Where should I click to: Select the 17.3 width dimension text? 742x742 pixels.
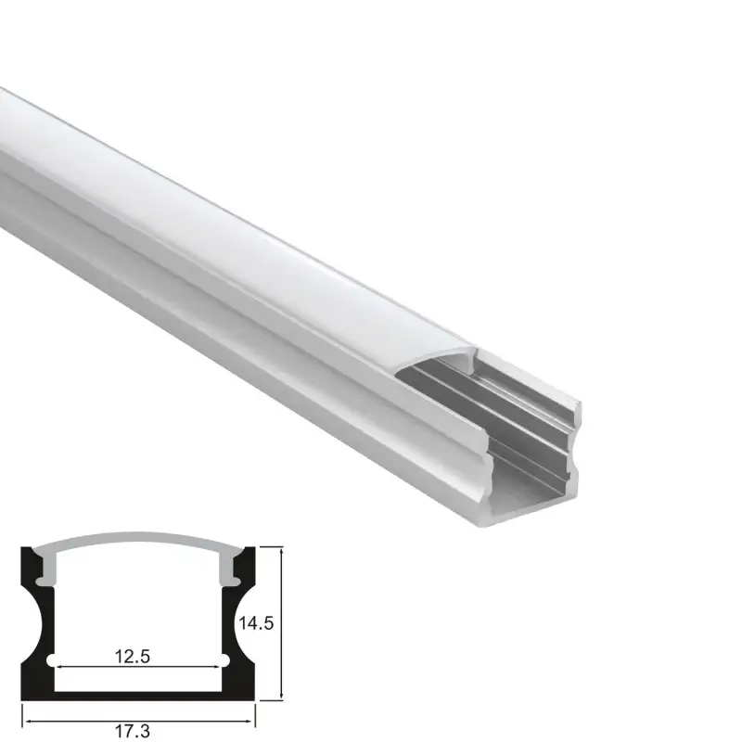coord(134,732)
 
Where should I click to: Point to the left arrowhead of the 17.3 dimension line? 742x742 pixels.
coord(27,716)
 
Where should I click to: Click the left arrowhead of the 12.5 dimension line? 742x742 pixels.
coord(61,666)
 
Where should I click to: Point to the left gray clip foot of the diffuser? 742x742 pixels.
coord(44,577)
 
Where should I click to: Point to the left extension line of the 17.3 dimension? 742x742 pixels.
coord(22,710)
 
